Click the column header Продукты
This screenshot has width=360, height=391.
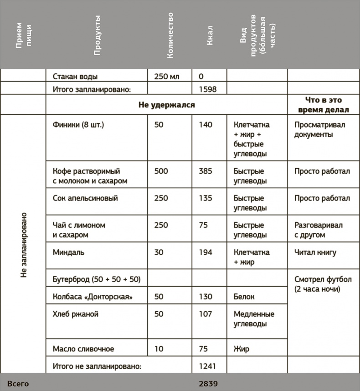97,35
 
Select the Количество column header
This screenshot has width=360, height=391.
170,35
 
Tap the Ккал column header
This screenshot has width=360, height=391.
210,35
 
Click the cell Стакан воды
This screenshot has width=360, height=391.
75,77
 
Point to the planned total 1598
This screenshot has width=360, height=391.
208,89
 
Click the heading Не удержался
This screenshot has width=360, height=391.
166,105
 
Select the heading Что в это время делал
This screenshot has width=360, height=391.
323,105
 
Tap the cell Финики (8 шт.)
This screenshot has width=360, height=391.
78,124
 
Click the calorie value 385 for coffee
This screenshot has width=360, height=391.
206,171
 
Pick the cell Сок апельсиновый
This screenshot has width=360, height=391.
85,198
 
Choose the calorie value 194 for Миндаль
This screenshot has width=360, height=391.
206,252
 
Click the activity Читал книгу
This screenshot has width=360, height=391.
315,252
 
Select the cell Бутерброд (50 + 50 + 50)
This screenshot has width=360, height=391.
97,279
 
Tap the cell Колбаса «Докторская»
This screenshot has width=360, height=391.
93,297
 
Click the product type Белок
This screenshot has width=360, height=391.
244,297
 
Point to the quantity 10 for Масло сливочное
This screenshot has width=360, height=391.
159,349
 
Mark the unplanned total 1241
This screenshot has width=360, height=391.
207,366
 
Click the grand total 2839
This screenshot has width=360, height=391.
208,384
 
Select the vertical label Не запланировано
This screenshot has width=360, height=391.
24,245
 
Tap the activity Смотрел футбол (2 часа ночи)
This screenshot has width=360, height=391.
323,284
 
